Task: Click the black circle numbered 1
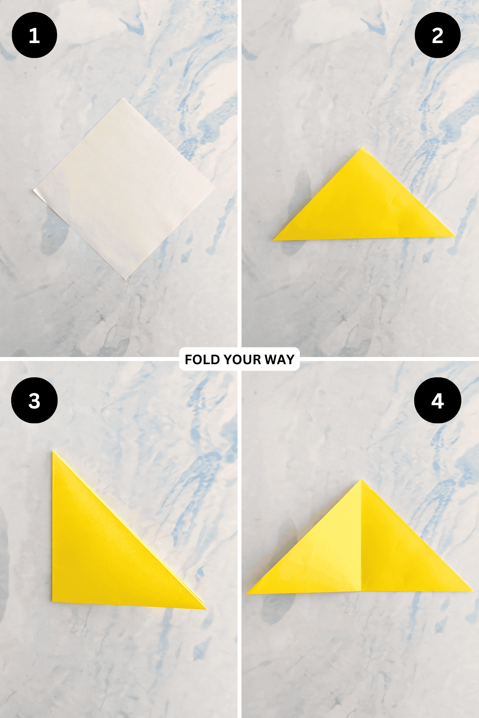[x=34, y=35]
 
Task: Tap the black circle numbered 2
[x=437, y=35]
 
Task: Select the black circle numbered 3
[x=34, y=400]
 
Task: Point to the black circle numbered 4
[x=437, y=400]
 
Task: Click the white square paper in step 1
[x=124, y=189]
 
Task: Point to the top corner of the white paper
[x=123, y=98]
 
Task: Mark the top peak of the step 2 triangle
[x=362, y=148]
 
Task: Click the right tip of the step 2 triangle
[x=455, y=236]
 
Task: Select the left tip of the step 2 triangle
[x=273, y=240]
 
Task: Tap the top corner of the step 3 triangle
[x=53, y=451]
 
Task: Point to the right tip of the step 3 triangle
[x=206, y=609]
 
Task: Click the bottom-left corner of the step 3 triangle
[x=53, y=602]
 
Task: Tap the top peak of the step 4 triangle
[x=361, y=480]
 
